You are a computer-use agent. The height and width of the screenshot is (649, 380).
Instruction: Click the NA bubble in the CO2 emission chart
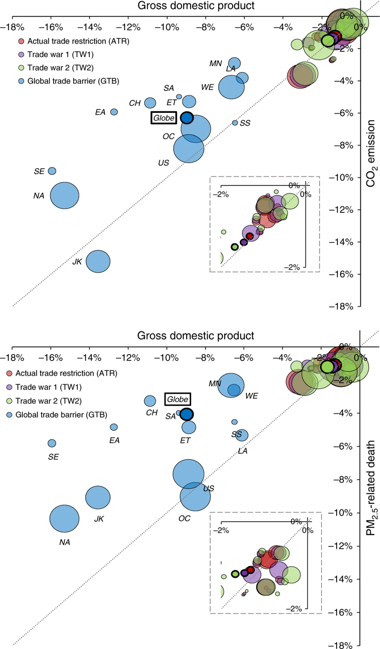point(65,196)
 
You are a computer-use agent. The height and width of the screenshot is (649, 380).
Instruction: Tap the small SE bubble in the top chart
point(52,171)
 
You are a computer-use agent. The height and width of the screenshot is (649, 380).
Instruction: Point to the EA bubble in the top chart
point(114,112)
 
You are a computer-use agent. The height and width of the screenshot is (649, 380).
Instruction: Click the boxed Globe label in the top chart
point(163,118)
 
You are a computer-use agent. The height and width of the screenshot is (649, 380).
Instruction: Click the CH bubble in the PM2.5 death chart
point(150,401)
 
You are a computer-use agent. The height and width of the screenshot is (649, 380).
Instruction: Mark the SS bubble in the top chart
point(235,123)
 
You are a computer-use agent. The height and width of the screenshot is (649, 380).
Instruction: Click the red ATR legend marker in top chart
point(21,42)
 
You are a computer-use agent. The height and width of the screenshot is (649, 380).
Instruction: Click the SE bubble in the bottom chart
point(52,443)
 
